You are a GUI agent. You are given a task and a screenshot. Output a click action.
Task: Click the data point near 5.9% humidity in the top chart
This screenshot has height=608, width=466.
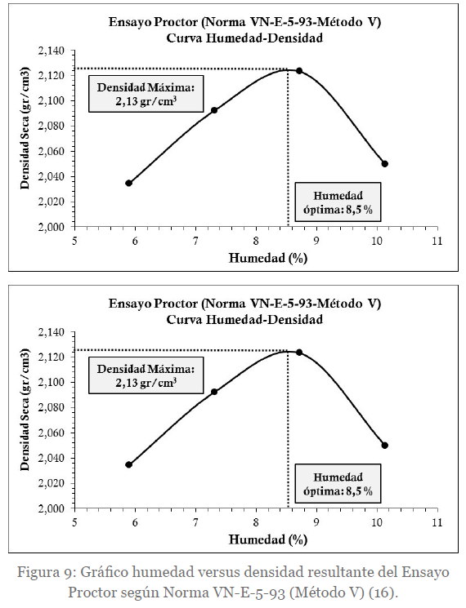129,183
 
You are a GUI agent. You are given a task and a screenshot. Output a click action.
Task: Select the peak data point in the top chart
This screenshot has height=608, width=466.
299,70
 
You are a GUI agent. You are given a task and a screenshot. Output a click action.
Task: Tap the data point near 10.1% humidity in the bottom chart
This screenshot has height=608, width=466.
385,445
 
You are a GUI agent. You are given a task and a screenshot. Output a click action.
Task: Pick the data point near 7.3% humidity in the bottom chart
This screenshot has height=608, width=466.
214,392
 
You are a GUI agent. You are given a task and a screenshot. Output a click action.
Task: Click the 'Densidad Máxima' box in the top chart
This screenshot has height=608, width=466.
146,94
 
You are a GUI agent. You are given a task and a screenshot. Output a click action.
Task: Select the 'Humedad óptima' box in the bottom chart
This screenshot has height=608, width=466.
338,483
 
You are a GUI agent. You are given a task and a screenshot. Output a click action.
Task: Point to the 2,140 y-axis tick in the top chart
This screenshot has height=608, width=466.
52,51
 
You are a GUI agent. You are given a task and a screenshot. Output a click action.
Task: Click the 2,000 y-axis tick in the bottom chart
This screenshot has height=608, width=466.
52,508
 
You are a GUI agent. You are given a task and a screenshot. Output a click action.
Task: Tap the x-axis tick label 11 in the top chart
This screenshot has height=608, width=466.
437,241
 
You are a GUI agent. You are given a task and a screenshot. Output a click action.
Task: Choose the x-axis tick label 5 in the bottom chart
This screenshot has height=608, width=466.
75,522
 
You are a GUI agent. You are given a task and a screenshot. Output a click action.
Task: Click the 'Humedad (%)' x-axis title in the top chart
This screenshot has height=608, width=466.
268,258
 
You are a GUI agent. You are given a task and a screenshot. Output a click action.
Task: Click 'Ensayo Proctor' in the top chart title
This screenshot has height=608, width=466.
153,22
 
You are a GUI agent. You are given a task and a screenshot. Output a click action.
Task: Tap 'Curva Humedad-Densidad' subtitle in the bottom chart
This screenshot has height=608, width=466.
244,320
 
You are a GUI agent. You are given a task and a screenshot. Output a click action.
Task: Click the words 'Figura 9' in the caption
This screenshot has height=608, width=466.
46,572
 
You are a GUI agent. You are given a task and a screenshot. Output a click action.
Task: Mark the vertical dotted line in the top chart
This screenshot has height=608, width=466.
288,148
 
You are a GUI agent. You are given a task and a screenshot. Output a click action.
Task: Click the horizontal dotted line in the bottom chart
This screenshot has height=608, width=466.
181,350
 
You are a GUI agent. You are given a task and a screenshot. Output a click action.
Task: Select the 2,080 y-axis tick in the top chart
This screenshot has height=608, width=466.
52,126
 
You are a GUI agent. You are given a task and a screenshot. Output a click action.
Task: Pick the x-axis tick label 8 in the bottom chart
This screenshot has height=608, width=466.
256,522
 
